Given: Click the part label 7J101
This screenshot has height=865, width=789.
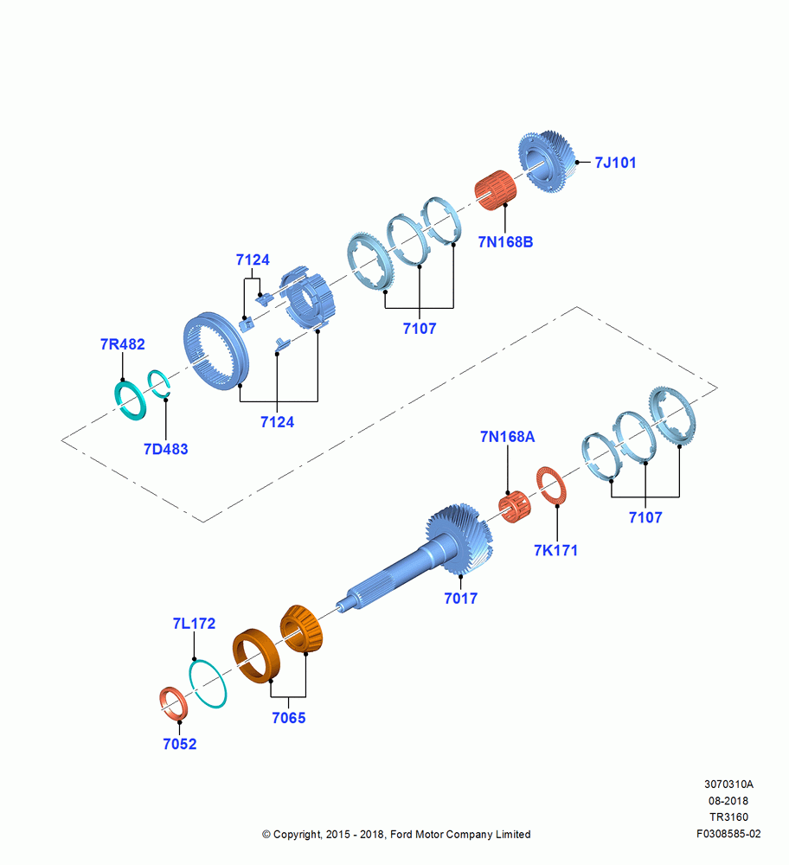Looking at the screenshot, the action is (615, 163).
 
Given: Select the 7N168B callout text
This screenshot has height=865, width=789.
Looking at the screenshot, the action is (505, 242).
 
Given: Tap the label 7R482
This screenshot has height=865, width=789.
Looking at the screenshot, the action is (123, 344).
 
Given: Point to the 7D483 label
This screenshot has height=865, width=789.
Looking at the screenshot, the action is (165, 449).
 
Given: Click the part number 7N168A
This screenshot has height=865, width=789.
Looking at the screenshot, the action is (507, 437).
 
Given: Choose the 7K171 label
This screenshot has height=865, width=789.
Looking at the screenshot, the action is (555, 550).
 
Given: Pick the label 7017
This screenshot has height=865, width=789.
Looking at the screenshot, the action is (461, 599).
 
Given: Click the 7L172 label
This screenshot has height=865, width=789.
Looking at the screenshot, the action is (194, 624).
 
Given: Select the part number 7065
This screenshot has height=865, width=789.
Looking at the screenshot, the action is (289, 718).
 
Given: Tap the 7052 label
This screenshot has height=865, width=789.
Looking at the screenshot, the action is (180, 744).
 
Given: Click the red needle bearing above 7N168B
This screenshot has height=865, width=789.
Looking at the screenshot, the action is (496, 190).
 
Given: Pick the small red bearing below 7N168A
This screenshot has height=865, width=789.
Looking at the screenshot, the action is (514, 506).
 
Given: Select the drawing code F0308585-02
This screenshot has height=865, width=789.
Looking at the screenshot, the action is (728, 834).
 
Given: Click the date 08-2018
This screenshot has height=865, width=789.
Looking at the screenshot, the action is (728, 801).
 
